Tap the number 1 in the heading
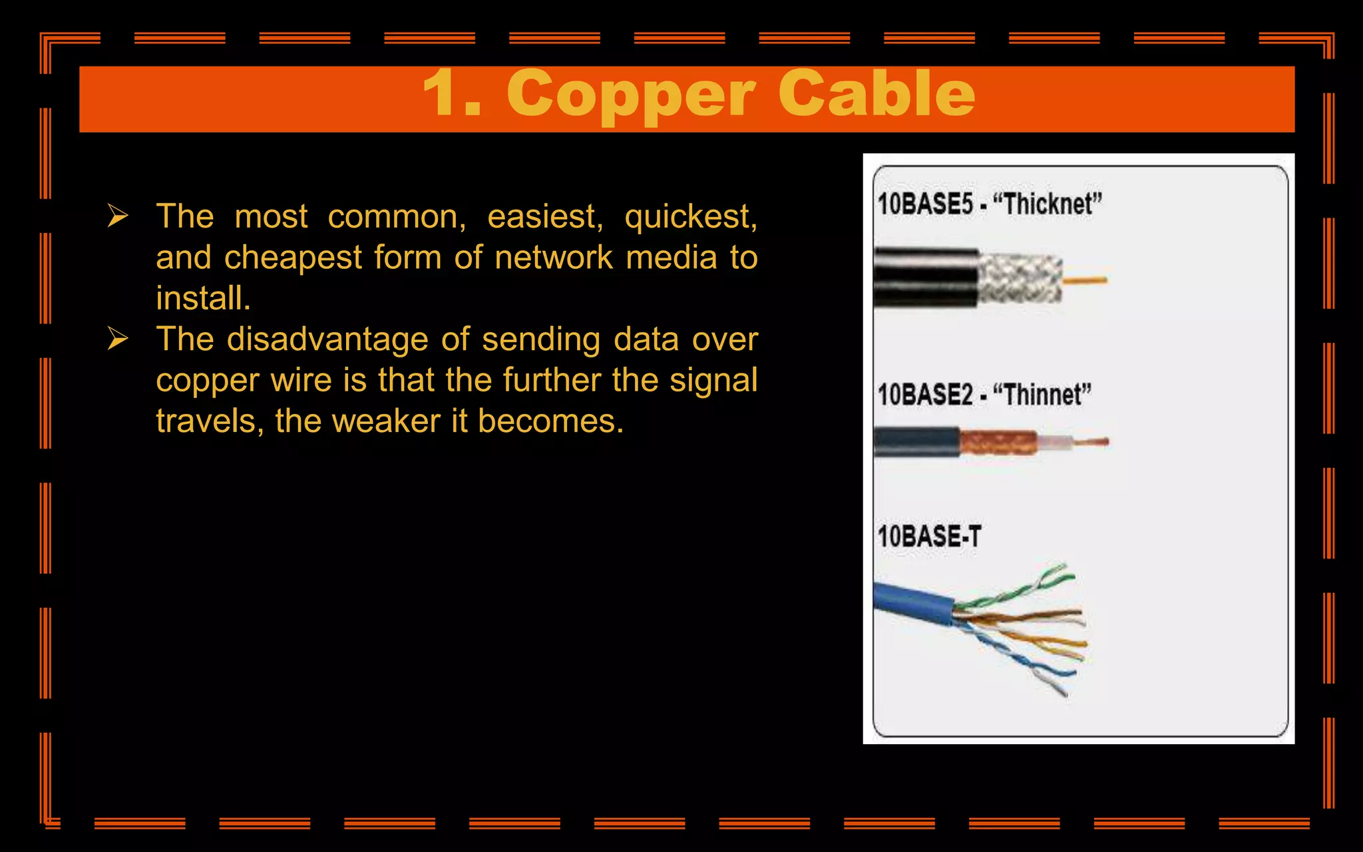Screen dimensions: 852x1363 [442, 94]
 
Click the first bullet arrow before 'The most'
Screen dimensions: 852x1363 [118, 216]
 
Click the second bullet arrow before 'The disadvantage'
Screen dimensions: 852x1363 [118, 339]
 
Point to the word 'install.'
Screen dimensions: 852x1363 [203, 298]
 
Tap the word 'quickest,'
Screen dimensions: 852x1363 [690, 217]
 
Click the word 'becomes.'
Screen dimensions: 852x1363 [550, 421]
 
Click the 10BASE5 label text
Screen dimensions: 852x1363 [924, 204]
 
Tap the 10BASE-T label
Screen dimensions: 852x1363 [928, 536]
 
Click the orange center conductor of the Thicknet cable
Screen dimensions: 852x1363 [1085, 280]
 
